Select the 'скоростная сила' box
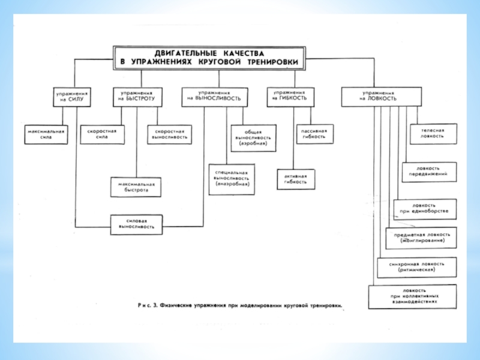point(106,133)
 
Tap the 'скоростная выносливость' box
point(169,133)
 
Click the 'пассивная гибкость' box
point(314,133)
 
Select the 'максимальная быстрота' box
point(137,187)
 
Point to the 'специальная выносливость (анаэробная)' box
point(232,179)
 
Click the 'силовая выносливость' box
point(137,224)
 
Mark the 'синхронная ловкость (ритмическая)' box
point(416,266)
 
